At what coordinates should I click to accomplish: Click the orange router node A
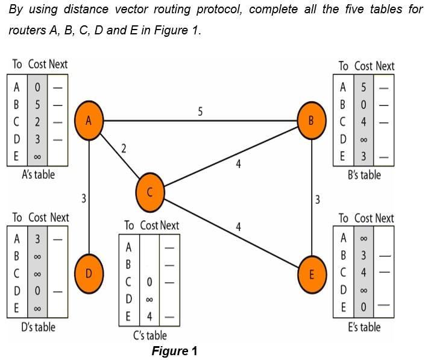tap(89, 120)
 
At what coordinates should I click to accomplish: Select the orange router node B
tap(311, 120)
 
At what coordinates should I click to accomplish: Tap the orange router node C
tap(150, 191)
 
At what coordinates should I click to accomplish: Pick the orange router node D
tap(89, 273)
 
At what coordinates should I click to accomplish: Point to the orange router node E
tap(311, 273)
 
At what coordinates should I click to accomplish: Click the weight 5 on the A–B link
tap(200, 111)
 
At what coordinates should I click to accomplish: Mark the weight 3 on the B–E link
tap(318, 200)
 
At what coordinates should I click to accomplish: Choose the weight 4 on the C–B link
tap(239, 163)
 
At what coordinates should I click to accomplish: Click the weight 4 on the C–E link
tap(239, 227)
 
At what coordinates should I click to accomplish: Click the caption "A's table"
tap(33, 175)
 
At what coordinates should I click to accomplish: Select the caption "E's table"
tap(364, 327)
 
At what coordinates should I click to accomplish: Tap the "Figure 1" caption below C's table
tap(174, 351)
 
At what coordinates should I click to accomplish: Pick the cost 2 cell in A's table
tap(37, 122)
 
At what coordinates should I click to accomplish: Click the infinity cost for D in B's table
tap(363, 140)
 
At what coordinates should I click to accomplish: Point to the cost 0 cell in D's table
tap(37, 292)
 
